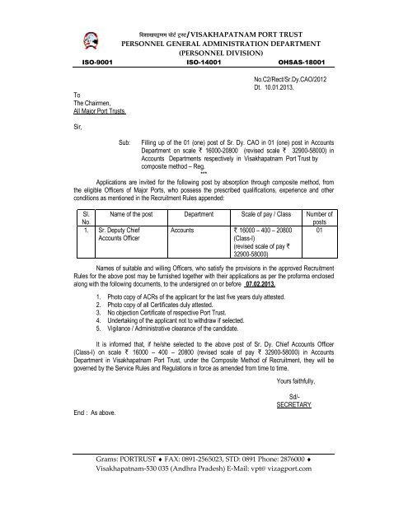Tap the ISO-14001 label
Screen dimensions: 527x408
(203, 63)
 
